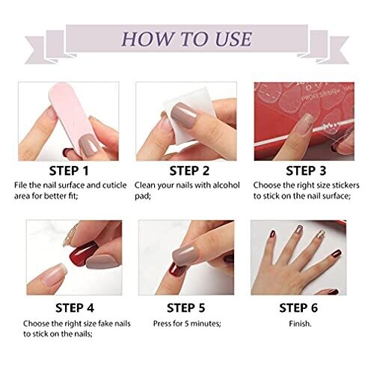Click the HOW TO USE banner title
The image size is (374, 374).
(x=186, y=39)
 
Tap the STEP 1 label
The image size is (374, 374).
(x=69, y=171)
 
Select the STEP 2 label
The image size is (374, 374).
(x=189, y=171)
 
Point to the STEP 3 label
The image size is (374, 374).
(x=306, y=171)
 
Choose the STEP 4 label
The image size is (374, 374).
(x=75, y=308)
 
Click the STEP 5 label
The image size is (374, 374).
(x=186, y=308)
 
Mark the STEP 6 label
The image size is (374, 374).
(x=298, y=308)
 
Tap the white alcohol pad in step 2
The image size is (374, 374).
(x=188, y=117)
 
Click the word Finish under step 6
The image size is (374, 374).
(x=300, y=324)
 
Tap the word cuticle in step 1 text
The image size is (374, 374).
(x=114, y=186)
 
